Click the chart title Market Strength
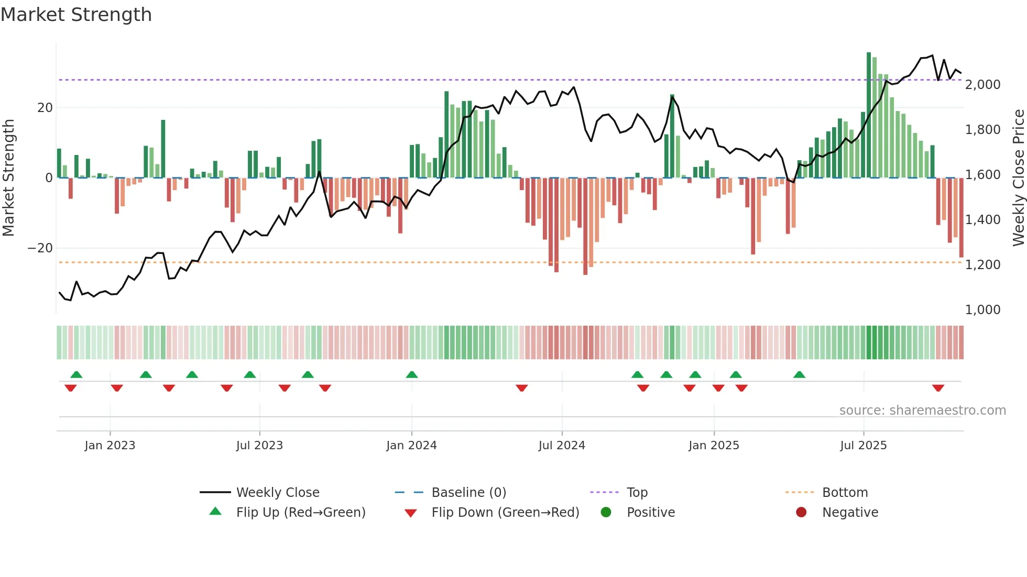76,14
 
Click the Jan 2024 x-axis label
411,446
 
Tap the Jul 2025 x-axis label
863,446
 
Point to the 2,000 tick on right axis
982,85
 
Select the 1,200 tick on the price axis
982,265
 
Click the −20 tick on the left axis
40,248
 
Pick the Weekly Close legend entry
277,493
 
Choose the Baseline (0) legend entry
468,493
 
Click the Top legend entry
637,493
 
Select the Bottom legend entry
845,493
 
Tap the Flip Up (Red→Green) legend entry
300,513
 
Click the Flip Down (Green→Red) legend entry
505,513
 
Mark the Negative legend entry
849,513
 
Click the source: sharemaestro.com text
922,410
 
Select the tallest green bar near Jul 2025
869,115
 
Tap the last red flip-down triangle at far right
938,388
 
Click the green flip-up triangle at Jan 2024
412,374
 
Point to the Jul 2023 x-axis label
259,446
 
